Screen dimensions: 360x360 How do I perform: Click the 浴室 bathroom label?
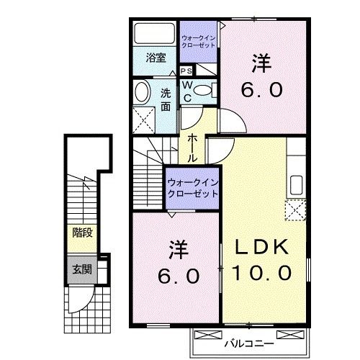[156, 58]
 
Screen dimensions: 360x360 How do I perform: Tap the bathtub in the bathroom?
[154, 35]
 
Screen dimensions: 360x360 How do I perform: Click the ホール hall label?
[193, 146]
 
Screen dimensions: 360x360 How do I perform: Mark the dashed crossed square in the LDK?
[296, 211]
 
